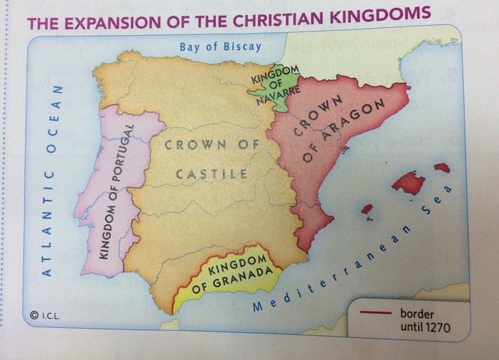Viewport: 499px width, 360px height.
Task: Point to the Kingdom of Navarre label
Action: [x=271, y=79]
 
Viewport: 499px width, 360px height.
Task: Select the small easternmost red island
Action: [x=441, y=168]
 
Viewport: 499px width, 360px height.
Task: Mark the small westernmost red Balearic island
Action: [x=367, y=210]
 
